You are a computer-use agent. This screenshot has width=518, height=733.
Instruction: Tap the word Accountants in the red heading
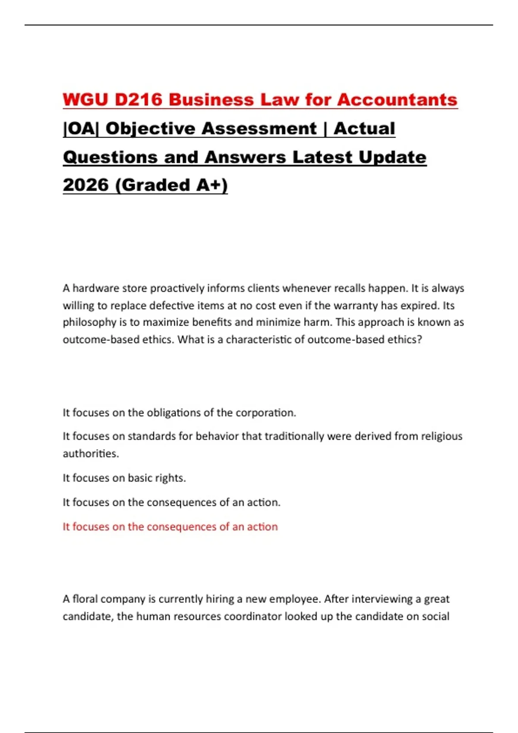coord(397,100)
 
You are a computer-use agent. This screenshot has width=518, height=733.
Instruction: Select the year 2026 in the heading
coord(85,185)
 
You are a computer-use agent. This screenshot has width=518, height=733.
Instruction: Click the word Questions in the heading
coord(110,157)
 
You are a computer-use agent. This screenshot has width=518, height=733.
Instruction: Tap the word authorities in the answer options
coord(91,454)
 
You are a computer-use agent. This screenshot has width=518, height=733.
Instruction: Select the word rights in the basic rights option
coord(171,478)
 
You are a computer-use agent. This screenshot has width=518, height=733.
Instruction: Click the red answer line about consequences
coord(170,526)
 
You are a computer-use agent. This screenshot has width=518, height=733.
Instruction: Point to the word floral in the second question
coord(85,599)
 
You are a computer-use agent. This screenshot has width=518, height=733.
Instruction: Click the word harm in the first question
coord(318,323)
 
